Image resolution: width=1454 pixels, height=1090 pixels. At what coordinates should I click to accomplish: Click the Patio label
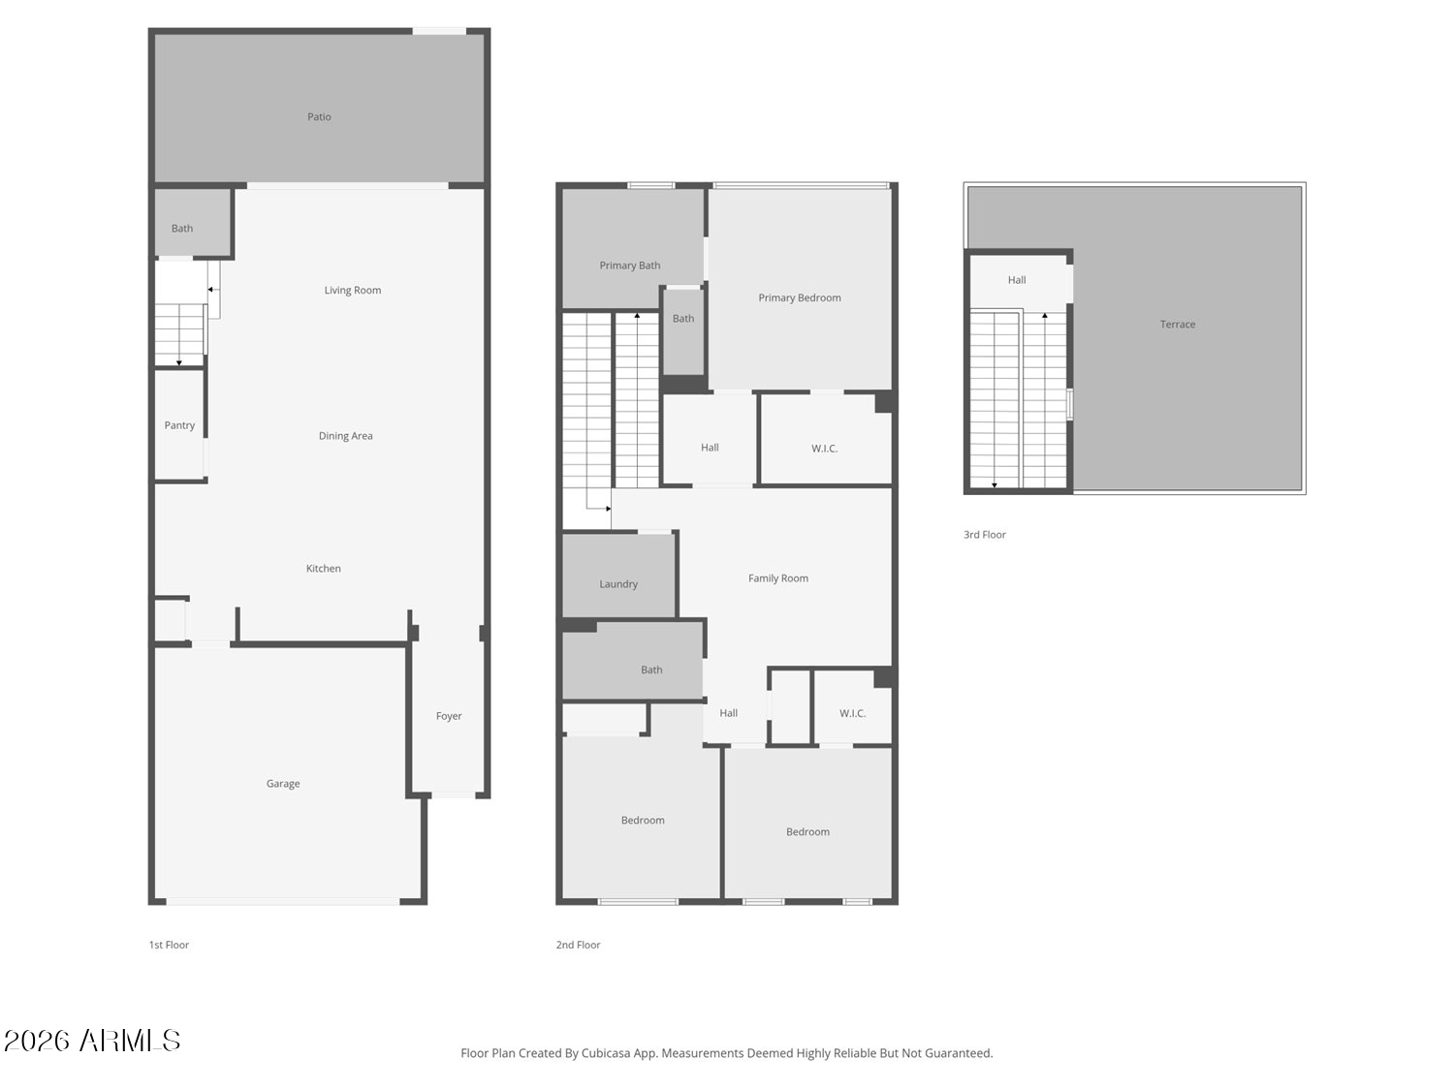tap(319, 117)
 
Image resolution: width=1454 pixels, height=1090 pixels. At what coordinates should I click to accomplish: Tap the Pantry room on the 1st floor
tap(179, 425)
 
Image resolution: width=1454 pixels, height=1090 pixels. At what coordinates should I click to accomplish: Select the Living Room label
tap(352, 291)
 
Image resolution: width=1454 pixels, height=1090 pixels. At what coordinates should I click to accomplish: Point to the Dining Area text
tap(345, 436)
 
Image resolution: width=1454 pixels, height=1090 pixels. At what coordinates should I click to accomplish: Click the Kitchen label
tap(323, 569)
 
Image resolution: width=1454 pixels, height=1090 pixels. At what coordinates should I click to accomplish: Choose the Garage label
tap(283, 784)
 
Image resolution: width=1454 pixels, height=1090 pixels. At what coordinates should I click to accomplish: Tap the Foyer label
tap(449, 716)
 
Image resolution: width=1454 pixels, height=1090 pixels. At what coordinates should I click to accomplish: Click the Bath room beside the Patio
tap(182, 229)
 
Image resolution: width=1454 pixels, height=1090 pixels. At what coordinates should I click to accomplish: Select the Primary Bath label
tap(629, 265)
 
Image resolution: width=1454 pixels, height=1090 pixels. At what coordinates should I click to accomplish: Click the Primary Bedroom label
tap(799, 298)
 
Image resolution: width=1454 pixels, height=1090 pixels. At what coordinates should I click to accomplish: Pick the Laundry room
tap(618, 584)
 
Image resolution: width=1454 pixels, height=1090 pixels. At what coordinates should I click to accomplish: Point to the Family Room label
tap(777, 578)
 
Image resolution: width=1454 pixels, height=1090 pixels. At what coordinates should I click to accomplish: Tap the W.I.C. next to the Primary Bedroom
tap(824, 449)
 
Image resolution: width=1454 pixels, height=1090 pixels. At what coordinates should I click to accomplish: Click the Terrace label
tap(1177, 325)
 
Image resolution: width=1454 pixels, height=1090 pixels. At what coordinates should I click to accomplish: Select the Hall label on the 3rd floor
tap(1016, 280)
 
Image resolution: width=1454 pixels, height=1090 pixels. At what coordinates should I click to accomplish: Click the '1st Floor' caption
tap(169, 945)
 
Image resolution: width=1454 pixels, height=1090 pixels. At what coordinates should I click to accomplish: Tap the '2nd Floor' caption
tap(578, 945)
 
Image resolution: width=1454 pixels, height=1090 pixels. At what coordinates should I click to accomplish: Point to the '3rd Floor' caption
tap(984, 535)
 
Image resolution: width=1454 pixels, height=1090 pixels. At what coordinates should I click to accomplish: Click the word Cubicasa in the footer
tap(606, 1053)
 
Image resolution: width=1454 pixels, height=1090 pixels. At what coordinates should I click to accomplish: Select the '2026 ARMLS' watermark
tap(92, 1041)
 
